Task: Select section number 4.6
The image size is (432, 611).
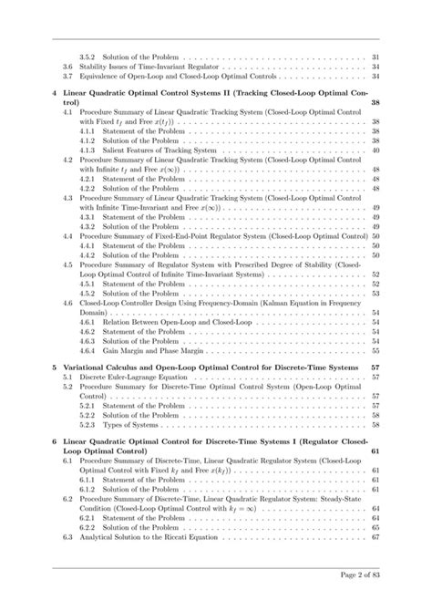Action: coord(67,303)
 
